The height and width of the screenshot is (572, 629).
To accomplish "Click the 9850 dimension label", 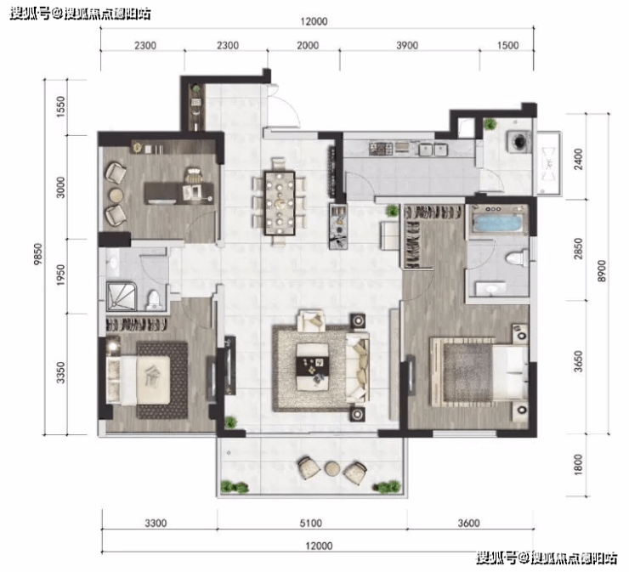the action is click(x=37, y=254).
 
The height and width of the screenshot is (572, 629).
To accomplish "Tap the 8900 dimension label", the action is click(x=601, y=271).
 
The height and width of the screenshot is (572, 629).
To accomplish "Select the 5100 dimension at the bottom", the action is click(x=310, y=523).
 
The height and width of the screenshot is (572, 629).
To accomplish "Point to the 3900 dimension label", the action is click(x=407, y=45).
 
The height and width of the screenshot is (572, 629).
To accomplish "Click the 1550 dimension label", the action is click(x=60, y=106).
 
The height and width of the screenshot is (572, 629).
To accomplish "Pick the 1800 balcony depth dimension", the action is click(x=578, y=465).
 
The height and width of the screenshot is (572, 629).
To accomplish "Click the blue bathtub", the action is click(x=498, y=223).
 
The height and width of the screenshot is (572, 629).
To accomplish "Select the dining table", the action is click(x=280, y=203).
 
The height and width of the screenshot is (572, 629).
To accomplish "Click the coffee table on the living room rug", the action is click(x=313, y=366).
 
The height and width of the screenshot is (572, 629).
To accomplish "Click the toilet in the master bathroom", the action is click(x=517, y=258).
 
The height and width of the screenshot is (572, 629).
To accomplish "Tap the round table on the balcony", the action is click(x=332, y=468).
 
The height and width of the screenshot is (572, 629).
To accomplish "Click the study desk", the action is click(x=178, y=193).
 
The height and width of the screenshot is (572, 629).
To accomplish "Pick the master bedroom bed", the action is click(x=479, y=371).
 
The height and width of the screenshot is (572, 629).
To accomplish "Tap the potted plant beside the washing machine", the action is click(x=490, y=124).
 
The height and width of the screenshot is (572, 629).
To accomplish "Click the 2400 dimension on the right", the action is click(x=578, y=159).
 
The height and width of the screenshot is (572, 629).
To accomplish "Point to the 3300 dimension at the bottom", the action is click(x=156, y=523).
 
